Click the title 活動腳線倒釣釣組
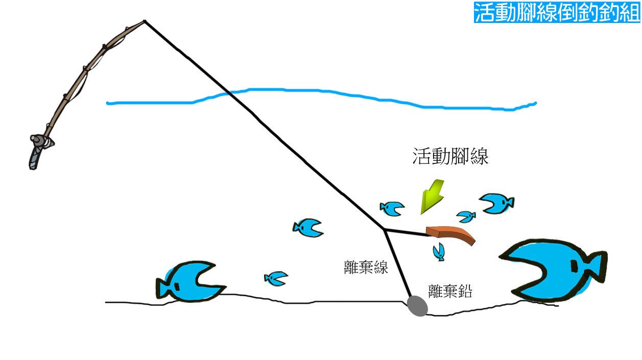557,12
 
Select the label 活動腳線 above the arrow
450,156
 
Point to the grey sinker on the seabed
417,306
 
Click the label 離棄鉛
449,291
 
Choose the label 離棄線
366,267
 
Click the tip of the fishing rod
145,21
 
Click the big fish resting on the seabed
186,281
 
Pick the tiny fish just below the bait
438,251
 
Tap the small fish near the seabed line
275,278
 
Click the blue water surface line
322,92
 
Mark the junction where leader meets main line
384,229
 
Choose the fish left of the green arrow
391,208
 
